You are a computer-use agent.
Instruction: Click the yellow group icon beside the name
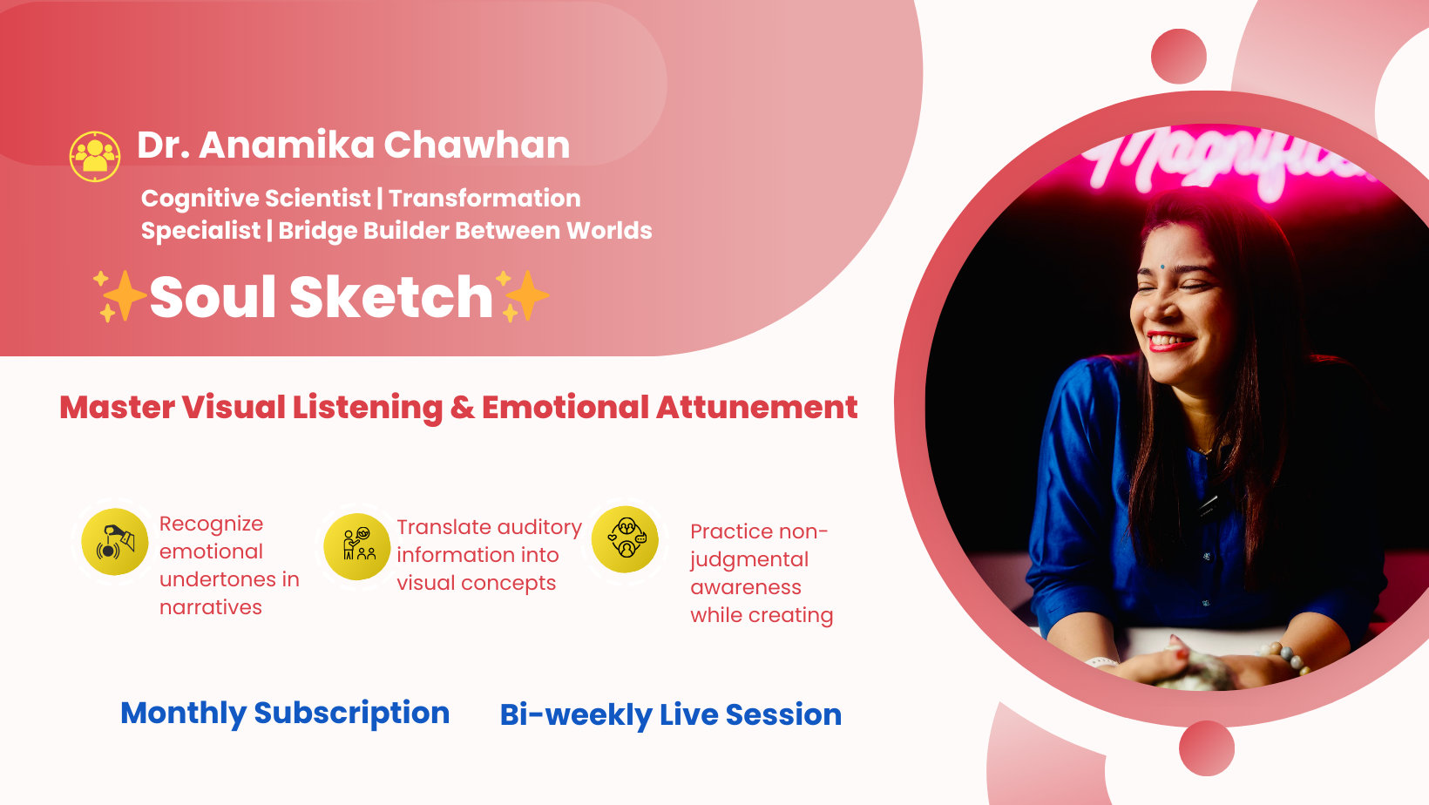95,156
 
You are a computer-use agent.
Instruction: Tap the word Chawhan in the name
477,145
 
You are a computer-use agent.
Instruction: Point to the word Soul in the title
214,296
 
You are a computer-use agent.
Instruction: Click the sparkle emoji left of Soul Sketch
119,296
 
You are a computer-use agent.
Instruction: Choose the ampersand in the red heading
463,408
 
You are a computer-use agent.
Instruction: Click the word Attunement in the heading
757,408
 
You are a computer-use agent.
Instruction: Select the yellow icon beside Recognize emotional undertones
115,542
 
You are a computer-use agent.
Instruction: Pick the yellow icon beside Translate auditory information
357,546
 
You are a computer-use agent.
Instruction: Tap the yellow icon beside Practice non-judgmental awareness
626,539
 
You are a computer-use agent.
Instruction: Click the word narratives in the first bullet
211,607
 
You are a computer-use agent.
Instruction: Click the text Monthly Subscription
285,714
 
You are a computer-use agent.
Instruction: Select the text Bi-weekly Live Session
671,715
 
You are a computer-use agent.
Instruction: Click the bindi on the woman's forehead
1162,267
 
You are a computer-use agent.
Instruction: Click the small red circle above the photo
1179,56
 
